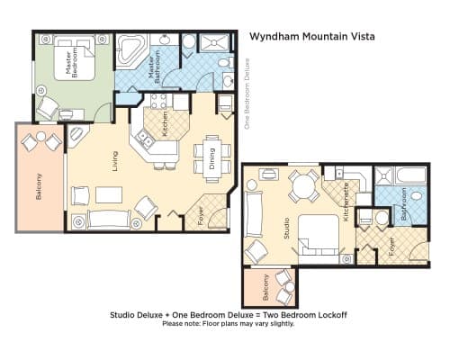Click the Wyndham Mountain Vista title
pos(312,37)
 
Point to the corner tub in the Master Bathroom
pos(130,49)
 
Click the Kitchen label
pos(165,124)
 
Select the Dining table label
pos(212,158)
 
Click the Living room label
pos(115,161)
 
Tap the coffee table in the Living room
pos(109,195)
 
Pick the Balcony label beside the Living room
pos(39,186)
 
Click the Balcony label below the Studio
pos(265,287)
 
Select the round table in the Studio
pos(303,186)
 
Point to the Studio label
pos(286,229)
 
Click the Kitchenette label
pos(346,202)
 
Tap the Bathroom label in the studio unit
pos(404,204)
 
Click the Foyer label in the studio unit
pos(391,247)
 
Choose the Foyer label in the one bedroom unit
pos(201,216)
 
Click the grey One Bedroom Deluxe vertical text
pos(247,94)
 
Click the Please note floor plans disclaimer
pos(229,324)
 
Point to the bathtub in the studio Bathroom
pos(410,175)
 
